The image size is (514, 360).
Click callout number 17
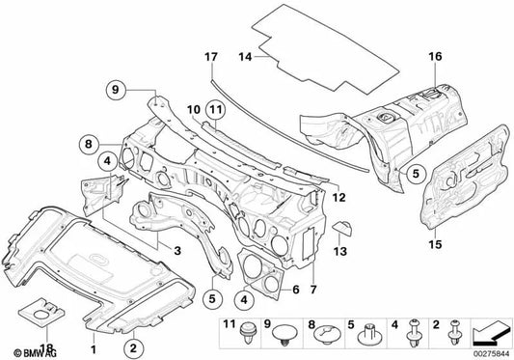[211, 57]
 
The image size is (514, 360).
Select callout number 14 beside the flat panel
[245, 57]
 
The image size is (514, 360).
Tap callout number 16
[435, 56]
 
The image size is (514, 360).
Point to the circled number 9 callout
[116, 89]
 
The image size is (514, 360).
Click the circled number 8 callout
[89, 144]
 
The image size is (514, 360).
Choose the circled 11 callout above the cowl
[216, 110]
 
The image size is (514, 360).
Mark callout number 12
[338, 197]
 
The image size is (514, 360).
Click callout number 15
[436, 244]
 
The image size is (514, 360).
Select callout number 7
[313, 290]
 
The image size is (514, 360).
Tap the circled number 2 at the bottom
[133, 347]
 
